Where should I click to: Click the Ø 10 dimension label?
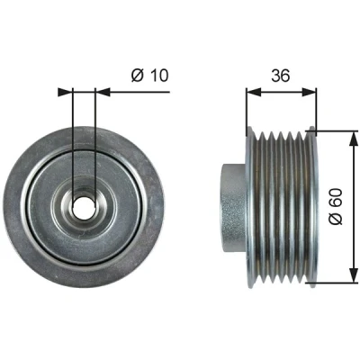pos(150,75)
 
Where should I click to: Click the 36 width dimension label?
pos(281,76)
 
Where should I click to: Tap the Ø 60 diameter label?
pos(336,206)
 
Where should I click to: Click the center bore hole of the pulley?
pos(84,207)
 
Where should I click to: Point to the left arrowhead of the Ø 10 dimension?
pos(66,92)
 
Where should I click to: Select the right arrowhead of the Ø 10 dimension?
pos(103,92)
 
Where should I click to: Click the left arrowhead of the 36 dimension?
pos(254,92)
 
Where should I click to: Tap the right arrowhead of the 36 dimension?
pos(309,92)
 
